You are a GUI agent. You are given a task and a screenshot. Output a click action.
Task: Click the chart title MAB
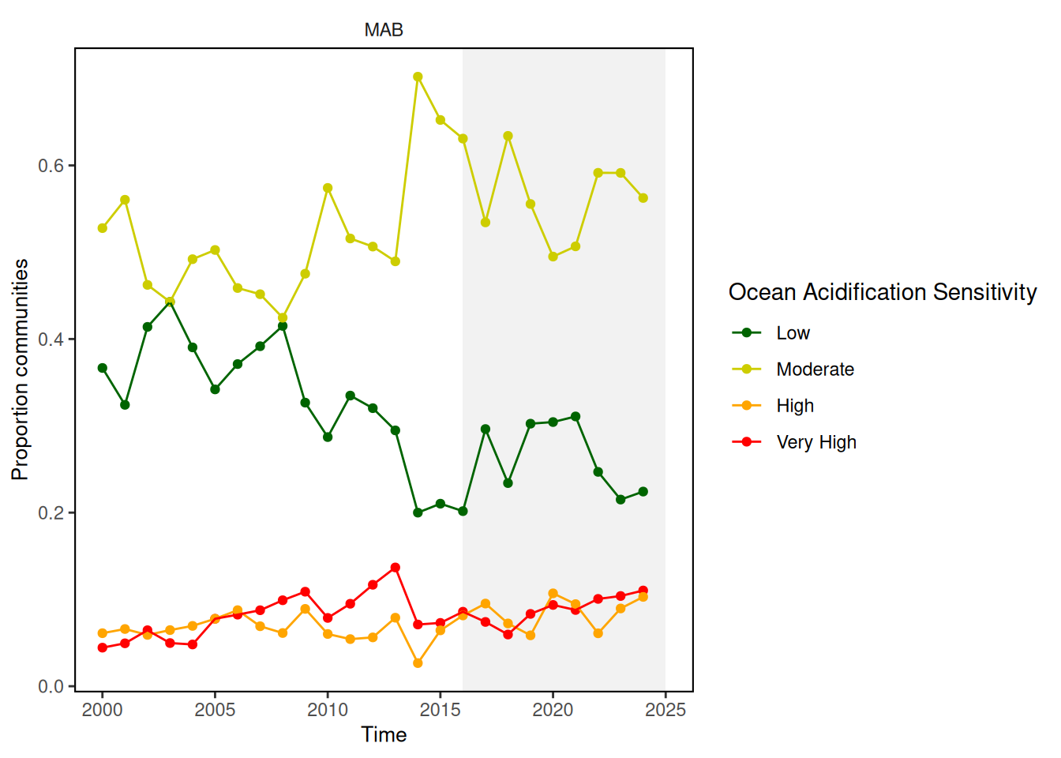point(384,30)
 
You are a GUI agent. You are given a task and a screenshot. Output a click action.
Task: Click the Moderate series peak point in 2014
point(418,77)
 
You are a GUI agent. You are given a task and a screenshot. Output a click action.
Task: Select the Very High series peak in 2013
point(396,568)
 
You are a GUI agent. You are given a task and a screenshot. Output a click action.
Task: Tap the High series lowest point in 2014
point(418,663)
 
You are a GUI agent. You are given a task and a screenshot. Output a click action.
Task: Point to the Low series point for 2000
point(103,368)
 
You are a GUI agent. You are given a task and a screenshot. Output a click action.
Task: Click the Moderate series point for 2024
point(643,198)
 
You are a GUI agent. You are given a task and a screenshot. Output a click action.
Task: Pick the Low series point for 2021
point(575,416)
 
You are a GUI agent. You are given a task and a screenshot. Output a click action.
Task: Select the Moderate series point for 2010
point(328,188)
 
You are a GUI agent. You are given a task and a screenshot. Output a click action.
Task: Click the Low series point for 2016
point(463,511)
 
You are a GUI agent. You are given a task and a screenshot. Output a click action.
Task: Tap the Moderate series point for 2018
point(508,136)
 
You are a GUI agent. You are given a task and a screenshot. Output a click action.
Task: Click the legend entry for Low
point(793,333)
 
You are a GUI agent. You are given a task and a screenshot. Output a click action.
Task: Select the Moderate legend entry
point(815,370)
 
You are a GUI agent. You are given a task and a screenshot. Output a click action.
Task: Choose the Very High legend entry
point(815,442)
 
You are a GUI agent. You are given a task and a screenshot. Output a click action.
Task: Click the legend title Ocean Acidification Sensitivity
point(882,292)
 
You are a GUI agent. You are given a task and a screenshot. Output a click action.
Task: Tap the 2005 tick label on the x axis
point(215,710)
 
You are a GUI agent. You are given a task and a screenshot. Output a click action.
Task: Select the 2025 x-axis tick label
point(665,710)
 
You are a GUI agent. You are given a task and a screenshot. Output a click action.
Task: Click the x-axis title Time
point(384,735)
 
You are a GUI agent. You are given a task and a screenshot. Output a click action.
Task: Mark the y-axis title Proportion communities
point(20,369)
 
